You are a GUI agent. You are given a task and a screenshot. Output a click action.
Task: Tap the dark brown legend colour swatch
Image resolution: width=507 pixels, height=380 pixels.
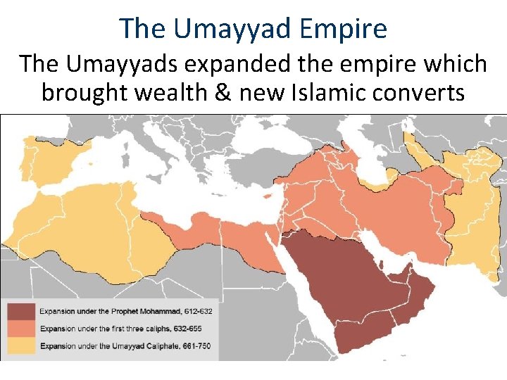pos(21,311)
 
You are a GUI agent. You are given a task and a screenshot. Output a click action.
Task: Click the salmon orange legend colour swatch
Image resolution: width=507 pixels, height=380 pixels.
pos(21,329)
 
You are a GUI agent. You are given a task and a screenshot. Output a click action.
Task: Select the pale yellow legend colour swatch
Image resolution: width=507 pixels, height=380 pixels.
pos(21,346)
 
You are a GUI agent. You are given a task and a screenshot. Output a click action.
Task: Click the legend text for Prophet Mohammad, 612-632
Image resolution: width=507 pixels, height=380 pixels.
pos(126,311)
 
